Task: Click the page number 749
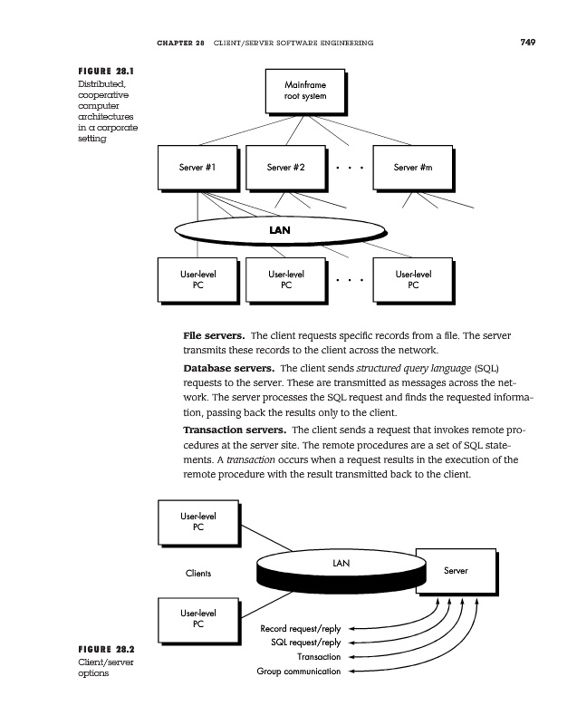tap(528, 42)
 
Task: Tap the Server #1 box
tap(197, 168)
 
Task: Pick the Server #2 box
tap(285, 168)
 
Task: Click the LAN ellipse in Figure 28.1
tap(280, 229)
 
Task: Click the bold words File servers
tap(215, 336)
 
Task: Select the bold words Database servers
tap(228, 369)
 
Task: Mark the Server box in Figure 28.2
tap(455, 570)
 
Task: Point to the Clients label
tap(198, 573)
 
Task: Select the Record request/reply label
tap(300, 628)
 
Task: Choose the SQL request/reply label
tap(306, 643)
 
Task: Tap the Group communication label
tap(298, 672)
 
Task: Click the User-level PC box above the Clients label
tap(197, 523)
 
